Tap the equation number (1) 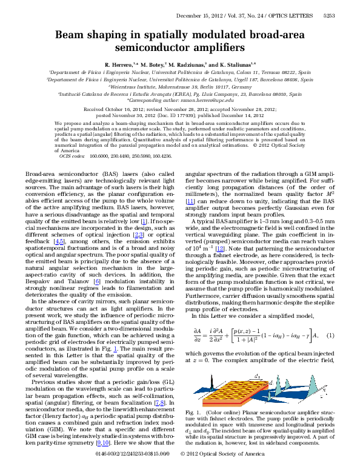pos(330,335)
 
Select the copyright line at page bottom pos(222,470)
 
